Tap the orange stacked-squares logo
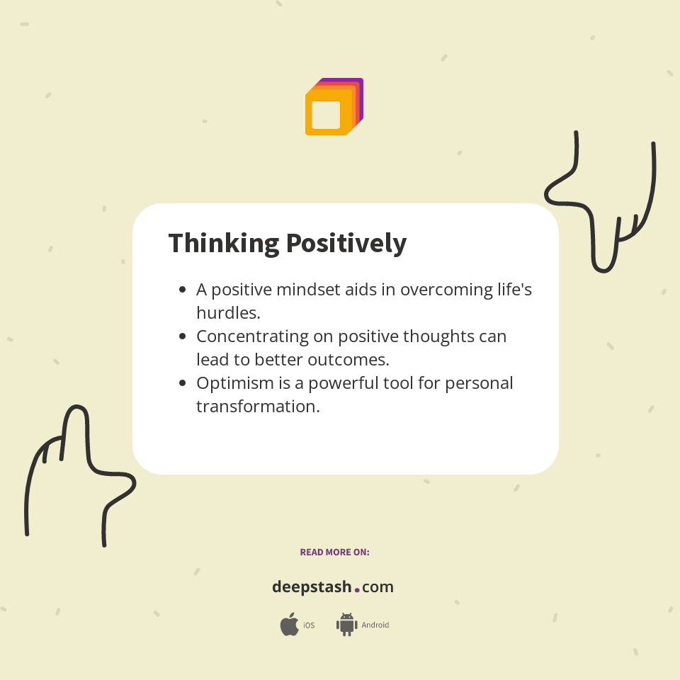pyautogui.click(x=334, y=107)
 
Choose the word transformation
pyautogui.click(x=258, y=407)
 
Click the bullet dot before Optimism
pyautogui.click(x=183, y=383)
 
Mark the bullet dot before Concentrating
pyautogui.click(x=183, y=336)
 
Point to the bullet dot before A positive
pyautogui.click(x=183, y=290)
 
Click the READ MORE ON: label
pyautogui.click(x=334, y=552)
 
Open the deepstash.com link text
pyautogui.click(x=333, y=587)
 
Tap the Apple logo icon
pyautogui.click(x=289, y=625)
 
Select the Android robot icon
pyautogui.click(x=346, y=625)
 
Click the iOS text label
pyautogui.click(x=309, y=625)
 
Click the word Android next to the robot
pyautogui.click(x=375, y=625)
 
